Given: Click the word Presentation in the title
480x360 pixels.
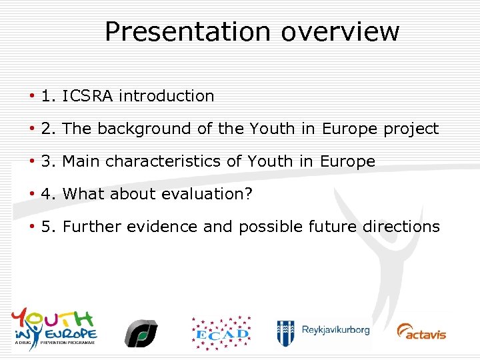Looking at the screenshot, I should pos(187,31).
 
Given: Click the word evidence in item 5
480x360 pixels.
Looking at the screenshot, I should pos(164,227).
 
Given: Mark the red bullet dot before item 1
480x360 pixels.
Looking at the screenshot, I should pos(32,96).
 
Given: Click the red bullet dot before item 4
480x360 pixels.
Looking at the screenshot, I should pos(32,194).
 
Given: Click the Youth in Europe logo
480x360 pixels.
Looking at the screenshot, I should pos(54,327).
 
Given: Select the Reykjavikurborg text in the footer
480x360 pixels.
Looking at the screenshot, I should pos(335,330).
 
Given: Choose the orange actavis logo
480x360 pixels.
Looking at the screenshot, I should pos(421,331).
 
